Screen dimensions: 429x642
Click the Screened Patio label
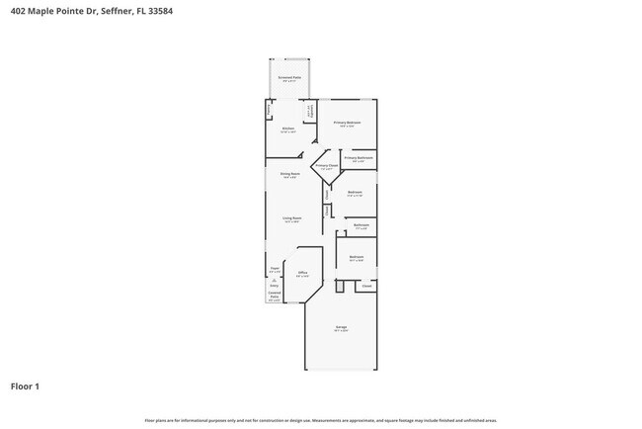click(289, 76)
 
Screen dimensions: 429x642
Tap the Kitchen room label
click(288, 129)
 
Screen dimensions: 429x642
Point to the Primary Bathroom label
click(359, 158)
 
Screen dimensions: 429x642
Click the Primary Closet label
click(327, 166)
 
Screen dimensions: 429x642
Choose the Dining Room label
click(289, 174)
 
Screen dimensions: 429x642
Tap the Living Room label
click(292, 218)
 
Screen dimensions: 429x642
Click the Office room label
click(303, 272)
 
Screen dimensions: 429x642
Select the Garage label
click(341, 327)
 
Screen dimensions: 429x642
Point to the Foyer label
click(276, 268)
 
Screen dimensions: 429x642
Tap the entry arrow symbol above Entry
click(274, 280)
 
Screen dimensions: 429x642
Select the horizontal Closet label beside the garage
click(365, 286)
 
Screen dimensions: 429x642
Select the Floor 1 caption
click(26, 386)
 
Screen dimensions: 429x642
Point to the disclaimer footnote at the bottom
click(320, 420)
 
